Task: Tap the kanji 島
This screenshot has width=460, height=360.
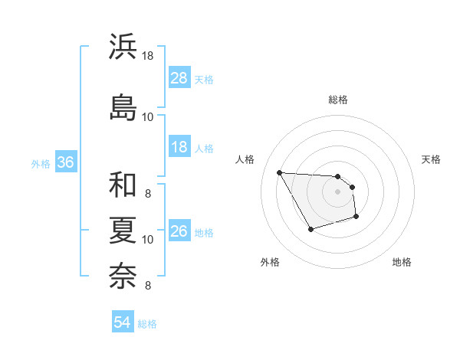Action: tap(123, 106)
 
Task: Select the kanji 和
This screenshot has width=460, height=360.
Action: tap(123, 185)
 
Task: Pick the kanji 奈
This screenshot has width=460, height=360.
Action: tap(123, 273)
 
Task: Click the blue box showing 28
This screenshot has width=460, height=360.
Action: tap(179, 79)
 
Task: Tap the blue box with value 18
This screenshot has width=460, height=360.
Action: tap(179, 148)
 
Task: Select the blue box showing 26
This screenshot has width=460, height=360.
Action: tap(179, 232)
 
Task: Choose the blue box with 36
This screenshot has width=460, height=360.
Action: tap(65, 163)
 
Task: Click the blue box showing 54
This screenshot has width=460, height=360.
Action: tap(122, 323)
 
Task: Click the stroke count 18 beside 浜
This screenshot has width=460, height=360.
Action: tap(147, 56)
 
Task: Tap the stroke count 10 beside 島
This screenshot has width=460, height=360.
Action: tap(147, 116)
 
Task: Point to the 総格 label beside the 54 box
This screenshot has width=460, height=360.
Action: tap(147, 324)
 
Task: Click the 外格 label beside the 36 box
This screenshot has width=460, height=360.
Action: tap(41, 164)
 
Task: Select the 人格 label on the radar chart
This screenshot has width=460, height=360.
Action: tap(245, 159)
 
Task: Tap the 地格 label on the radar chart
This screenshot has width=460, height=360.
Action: tap(402, 262)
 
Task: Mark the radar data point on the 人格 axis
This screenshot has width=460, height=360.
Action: tap(279, 172)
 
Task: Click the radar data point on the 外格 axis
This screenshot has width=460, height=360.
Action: tap(310, 230)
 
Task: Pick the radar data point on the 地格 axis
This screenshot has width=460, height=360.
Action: tap(356, 218)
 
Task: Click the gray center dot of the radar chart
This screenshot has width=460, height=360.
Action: tap(337, 191)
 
